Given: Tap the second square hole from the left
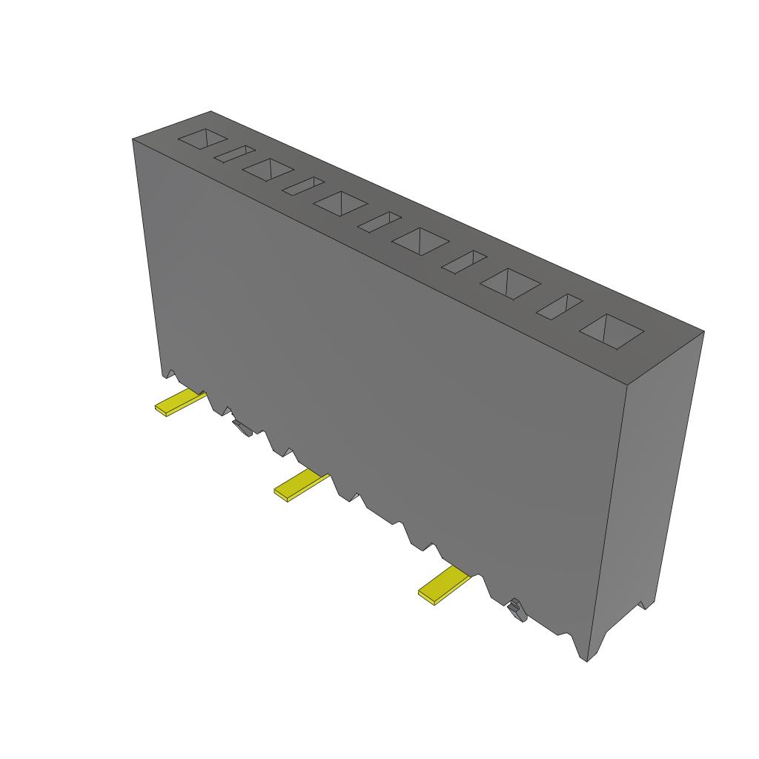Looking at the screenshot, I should pos(267,169).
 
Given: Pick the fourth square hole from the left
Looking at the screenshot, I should pos(421,240).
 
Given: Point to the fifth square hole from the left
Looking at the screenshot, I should pos(510,282).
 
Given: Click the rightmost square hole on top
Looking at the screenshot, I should pos(611,331).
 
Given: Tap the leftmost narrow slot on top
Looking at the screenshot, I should pos(234,153).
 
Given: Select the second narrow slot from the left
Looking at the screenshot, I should pos(302,185).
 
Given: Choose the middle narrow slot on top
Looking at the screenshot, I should pos(379,222).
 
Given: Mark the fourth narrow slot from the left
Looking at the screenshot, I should pos(464,262).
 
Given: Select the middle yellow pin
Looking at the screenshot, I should pos(301,485).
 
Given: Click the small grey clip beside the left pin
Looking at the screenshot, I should pos(241,427).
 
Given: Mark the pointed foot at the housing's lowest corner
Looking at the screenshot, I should pos(584,652).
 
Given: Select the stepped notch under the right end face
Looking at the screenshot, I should pos(643,604).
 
